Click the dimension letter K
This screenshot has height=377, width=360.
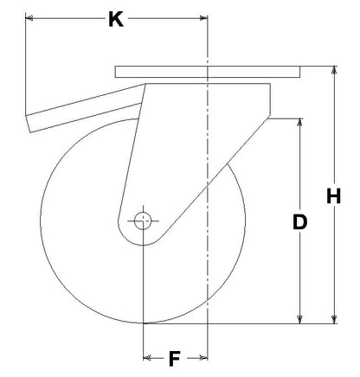116,19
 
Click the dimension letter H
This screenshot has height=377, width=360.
334,196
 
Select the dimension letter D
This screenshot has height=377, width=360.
299,222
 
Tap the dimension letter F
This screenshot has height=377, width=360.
175,359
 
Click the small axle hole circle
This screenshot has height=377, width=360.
143,220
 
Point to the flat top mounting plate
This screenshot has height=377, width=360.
208,72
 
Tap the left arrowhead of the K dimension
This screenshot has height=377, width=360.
29,18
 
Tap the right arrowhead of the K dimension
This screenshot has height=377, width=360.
203,18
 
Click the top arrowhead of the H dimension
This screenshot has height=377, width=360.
334,70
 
